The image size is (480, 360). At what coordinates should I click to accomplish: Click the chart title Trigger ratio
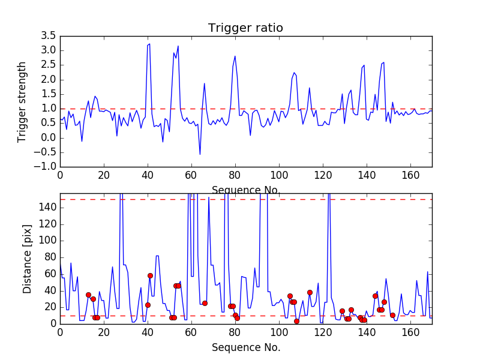(245, 28)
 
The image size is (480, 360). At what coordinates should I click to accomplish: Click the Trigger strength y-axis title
(22, 101)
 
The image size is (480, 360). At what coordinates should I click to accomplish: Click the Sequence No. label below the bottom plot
(245, 347)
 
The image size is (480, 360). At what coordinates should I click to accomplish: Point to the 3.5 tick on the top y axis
(48, 36)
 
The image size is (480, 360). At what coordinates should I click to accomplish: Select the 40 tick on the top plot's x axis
(148, 176)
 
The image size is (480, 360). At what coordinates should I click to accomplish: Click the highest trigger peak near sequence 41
(149, 44)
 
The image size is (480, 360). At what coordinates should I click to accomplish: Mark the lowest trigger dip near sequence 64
(200, 154)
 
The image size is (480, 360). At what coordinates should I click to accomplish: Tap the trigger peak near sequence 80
(235, 56)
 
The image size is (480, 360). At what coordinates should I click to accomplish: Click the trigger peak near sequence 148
(383, 62)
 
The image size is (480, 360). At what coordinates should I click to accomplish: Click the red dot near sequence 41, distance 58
(150, 275)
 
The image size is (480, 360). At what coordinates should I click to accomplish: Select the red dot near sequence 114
(310, 292)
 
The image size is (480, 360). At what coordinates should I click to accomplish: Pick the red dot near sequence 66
(205, 303)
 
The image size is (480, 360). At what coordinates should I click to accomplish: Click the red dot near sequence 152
(392, 315)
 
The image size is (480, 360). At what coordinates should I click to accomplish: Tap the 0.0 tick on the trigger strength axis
(48, 137)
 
